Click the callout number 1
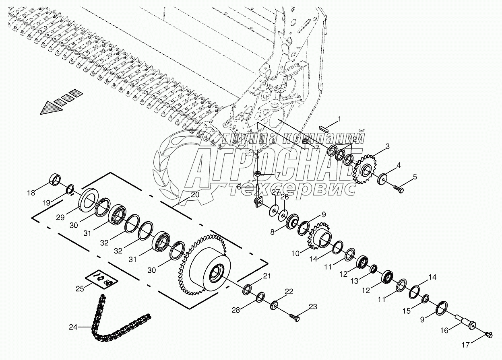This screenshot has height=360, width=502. [339, 119]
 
